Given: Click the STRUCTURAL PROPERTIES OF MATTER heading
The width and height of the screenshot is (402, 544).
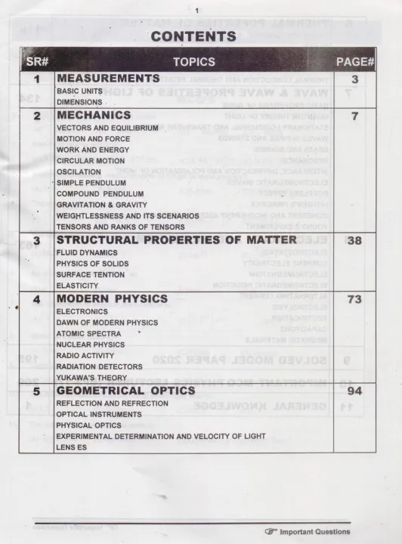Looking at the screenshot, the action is click(x=182, y=240).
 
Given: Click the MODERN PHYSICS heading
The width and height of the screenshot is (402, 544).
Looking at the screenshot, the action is click(x=113, y=299).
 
